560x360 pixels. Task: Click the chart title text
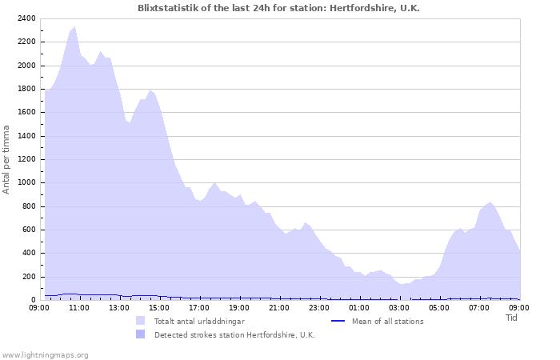(278, 8)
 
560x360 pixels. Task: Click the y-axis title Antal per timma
(6, 158)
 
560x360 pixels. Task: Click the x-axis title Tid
(512, 318)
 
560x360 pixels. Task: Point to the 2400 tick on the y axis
(26, 18)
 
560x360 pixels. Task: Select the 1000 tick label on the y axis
(26, 183)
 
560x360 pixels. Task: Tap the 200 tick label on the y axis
(29, 277)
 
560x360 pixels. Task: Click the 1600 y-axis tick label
(26, 113)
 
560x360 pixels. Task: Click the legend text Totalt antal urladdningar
(199, 321)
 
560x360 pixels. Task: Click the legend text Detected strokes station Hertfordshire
(234, 334)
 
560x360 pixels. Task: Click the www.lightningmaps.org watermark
(45, 354)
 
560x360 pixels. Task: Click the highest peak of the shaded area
(74, 26)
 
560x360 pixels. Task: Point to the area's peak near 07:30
(490, 202)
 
